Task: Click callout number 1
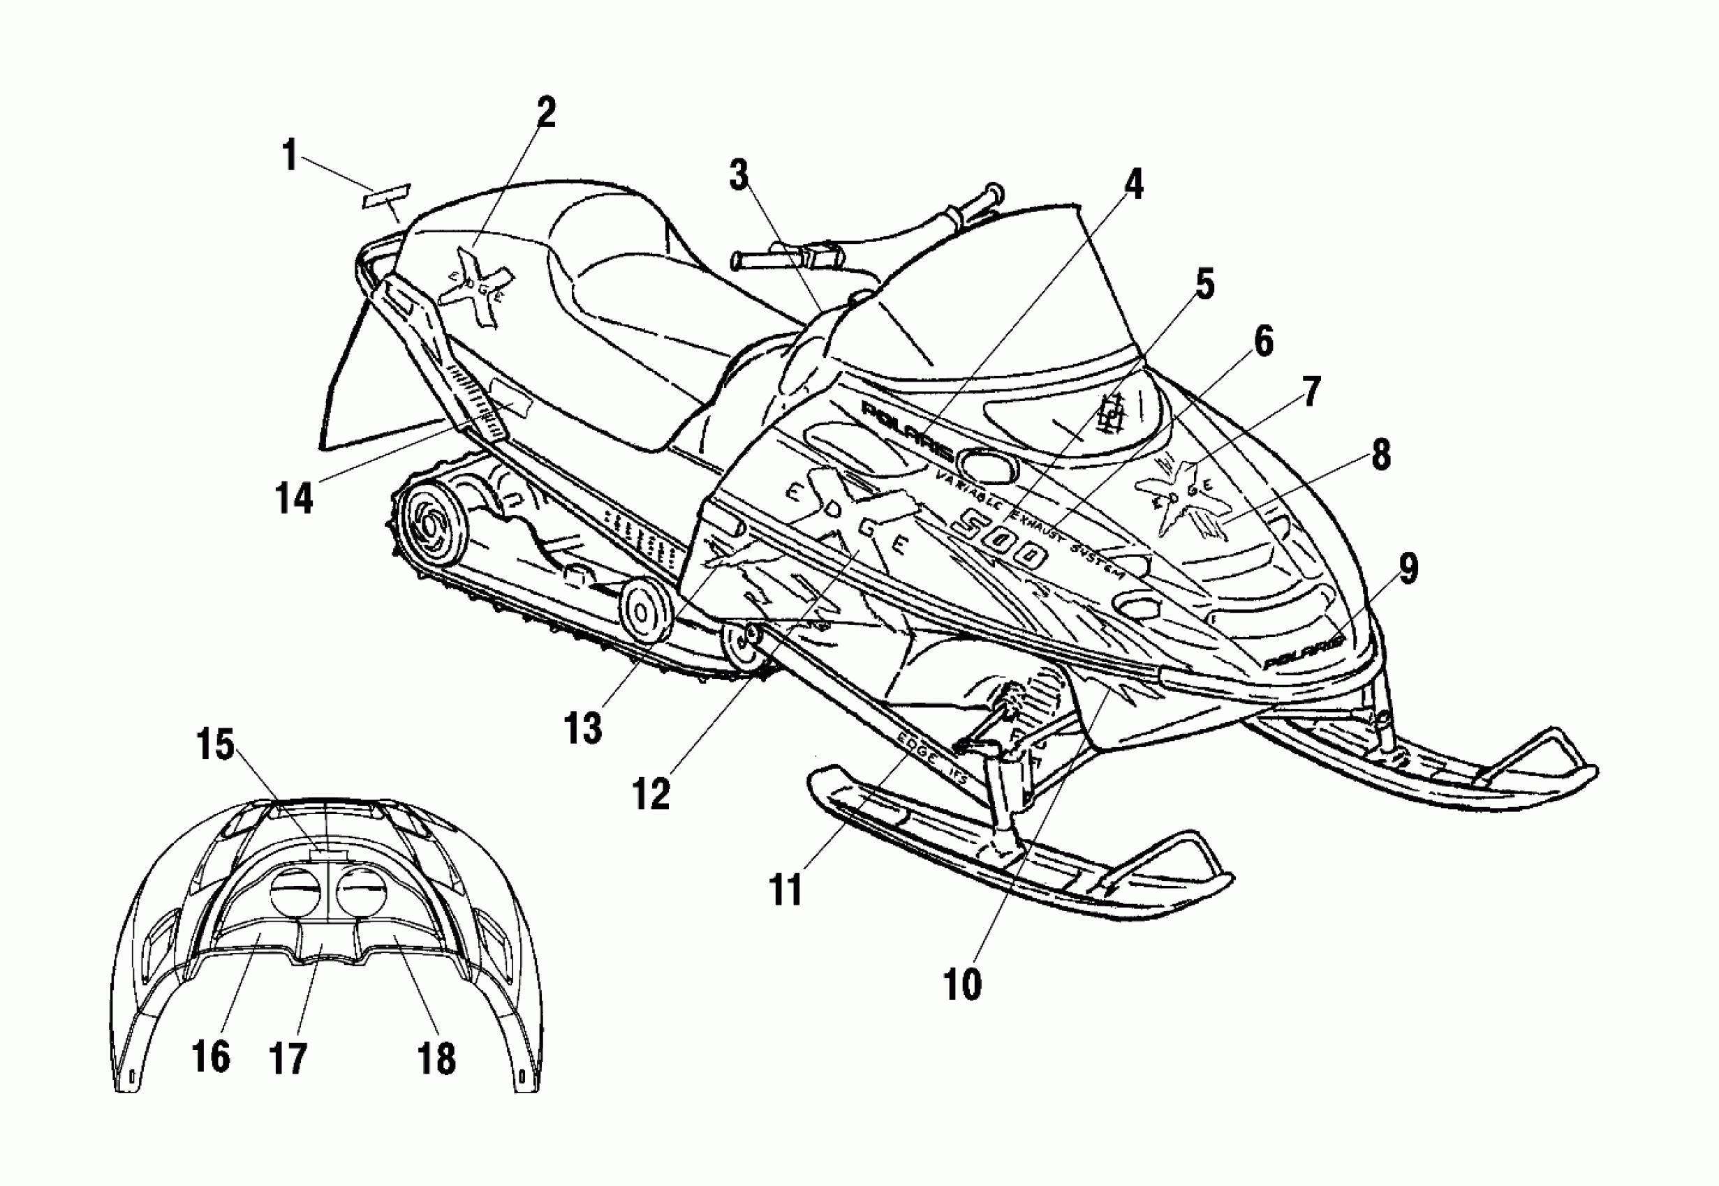[x=289, y=157]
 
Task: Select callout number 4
[x=1132, y=183]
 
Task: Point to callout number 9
[x=1408, y=569]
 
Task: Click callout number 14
[x=294, y=497]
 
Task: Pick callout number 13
[x=582, y=728]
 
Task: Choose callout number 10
[x=962, y=984]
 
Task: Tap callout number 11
[x=786, y=889]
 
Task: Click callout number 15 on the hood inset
[x=216, y=744]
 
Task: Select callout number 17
[x=288, y=1058]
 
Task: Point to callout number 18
[x=436, y=1058]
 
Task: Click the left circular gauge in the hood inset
[x=292, y=892]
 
